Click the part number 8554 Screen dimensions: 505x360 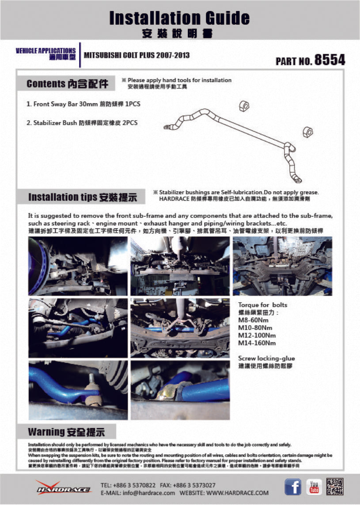(x=329, y=60)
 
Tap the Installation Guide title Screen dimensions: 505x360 (x=179, y=18)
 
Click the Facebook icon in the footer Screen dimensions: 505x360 (x=292, y=487)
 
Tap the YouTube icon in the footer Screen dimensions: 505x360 (x=314, y=487)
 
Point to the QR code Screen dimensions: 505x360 (x=335, y=486)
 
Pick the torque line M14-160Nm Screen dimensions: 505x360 (x=257, y=343)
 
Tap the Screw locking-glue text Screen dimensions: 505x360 (x=266, y=358)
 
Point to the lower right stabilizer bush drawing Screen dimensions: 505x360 (x=307, y=132)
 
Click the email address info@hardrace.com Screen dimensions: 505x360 (x=138, y=493)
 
